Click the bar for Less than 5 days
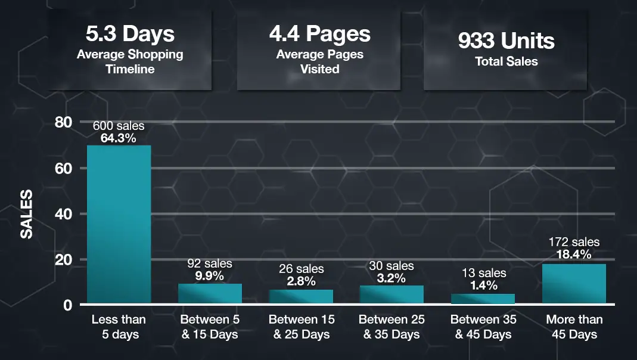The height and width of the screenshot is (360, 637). click(x=119, y=225)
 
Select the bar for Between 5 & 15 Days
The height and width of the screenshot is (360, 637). click(x=210, y=294)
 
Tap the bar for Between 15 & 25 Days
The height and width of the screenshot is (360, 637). click(x=301, y=297)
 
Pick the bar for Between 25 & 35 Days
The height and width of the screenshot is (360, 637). click(x=391, y=295)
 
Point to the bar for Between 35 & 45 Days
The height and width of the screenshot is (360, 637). click(x=483, y=299)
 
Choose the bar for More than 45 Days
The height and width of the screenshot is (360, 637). click(x=574, y=284)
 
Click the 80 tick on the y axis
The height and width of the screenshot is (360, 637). click(x=63, y=122)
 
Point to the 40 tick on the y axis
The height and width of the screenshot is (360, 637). click(x=63, y=214)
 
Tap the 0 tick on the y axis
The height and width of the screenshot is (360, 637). click(x=67, y=305)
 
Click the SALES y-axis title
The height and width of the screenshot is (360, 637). click(x=27, y=214)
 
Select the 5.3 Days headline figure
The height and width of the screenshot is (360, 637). click(x=129, y=34)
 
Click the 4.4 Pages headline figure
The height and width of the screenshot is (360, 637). click(x=319, y=34)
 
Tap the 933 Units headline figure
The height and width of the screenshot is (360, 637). click(x=506, y=41)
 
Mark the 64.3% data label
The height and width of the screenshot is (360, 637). click(x=119, y=138)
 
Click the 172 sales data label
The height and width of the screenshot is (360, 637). click(x=574, y=242)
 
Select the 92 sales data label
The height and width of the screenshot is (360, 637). click(x=210, y=263)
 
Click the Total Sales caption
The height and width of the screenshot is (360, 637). click(x=506, y=61)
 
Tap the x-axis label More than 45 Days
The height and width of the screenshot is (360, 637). click(x=574, y=327)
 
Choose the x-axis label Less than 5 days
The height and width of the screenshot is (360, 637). click(x=119, y=327)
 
